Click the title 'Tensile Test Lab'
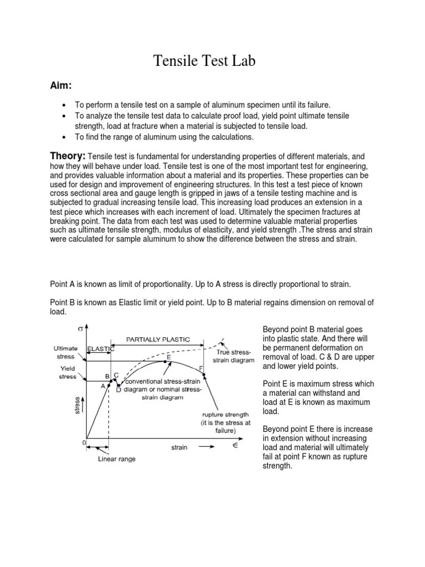click(x=204, y=61)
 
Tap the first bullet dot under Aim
click(x=65, y=105)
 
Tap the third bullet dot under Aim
click(x=65, y=136)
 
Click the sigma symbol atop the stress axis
click(x=81, y=328)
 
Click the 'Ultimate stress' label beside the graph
click(x=65, y=353)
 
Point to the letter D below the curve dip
click(x=119, y=390)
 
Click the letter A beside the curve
click(x=103, y=386)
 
